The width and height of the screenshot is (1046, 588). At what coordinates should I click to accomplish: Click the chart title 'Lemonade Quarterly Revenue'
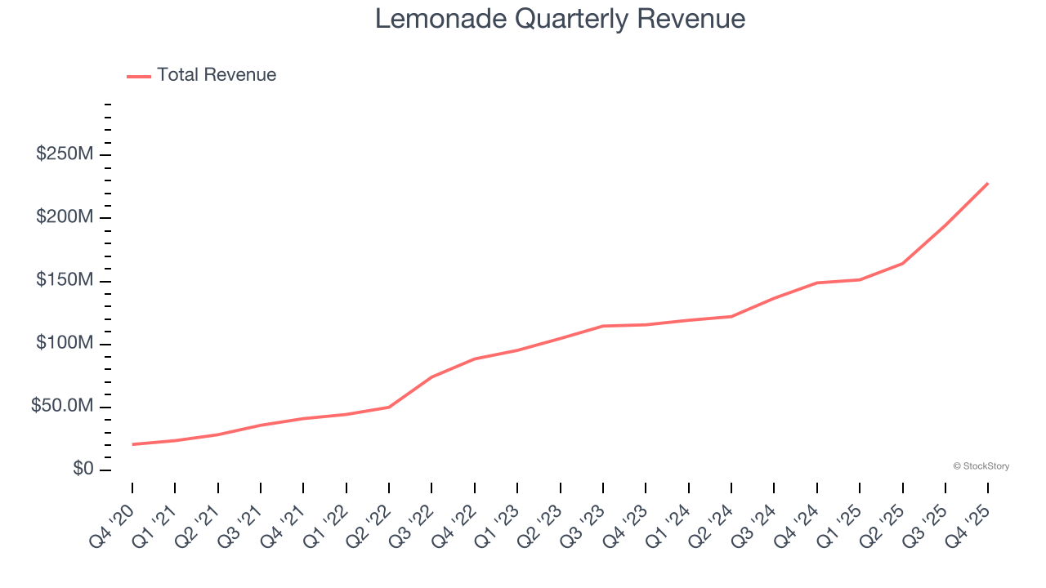tap(560, 19)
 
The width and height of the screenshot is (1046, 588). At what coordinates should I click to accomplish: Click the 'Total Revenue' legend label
tap(217, 75)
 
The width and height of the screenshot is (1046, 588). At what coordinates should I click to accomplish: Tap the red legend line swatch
tap(139, 76)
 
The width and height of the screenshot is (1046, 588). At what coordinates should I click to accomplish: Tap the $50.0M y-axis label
tap(62, 407)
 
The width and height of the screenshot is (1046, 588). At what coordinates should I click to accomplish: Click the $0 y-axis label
tap(83, 470)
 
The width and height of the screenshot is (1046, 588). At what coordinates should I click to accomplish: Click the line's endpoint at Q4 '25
tap(988, 183)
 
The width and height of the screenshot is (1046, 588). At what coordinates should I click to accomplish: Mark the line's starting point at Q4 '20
tap(132, 444)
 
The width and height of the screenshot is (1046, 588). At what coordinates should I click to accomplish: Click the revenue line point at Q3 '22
tap(431, 376)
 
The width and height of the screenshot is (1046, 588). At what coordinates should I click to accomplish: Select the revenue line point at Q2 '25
tap(902, 263)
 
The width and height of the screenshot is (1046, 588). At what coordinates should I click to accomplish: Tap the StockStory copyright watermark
tap(981, 466)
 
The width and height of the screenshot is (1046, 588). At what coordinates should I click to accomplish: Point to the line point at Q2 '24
tap(731, 316)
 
